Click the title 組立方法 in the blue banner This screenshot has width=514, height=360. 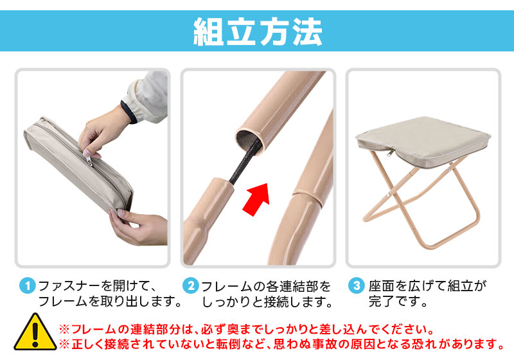pyautogui.click(x=258, y=31)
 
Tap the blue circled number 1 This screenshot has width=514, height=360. pyautogui.click(x=28, y=286)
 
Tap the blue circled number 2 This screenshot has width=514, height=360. pyautogui.click(x=191, y=285)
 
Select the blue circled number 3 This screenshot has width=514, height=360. pyautogui.click(x=357, y=285)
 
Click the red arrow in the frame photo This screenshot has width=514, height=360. pyautogui.click(x=257, y=199)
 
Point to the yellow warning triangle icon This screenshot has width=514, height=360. pyautogui.click(x=35, y=332)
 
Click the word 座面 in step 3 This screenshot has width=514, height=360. pyautogui.click(x=382, y=286)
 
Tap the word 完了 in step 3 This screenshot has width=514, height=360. pyautogui.click(x=382, y=301)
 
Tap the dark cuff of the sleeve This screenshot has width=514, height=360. pyautogui.click(x=129, y=111)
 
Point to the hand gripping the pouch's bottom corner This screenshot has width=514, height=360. pyautogui.click(x=137, y=227)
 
